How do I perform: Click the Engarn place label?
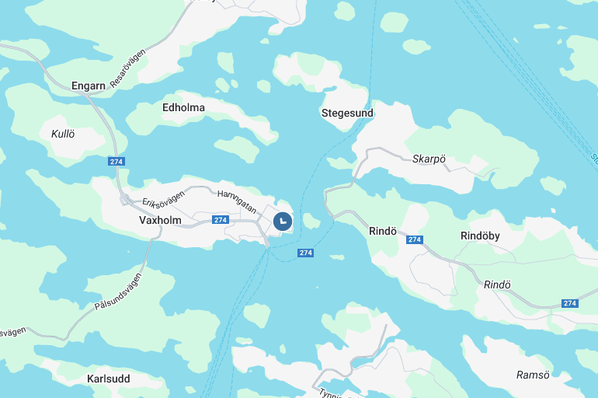coord(88,86)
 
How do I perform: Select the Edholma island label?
coord(183,107)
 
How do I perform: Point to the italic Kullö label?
coord(63,134)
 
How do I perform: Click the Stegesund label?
coord(347,113)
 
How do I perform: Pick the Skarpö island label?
coord(429,159)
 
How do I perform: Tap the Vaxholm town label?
coord(160,220)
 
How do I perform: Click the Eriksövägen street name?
coord(164,198)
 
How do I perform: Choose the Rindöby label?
coord(480,236)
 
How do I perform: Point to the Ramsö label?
coord(533,375)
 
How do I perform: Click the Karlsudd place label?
coord(109,379)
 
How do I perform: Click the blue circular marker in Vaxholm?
coord(283,221)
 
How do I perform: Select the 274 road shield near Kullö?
coord(116,161)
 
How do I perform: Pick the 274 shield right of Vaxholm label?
coord(221,220)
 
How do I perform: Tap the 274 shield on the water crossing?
coord(305,253)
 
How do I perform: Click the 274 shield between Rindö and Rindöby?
coord(415,239)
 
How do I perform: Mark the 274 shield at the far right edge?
coord(570,303)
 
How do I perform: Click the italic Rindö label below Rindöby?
coord(497,285)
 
